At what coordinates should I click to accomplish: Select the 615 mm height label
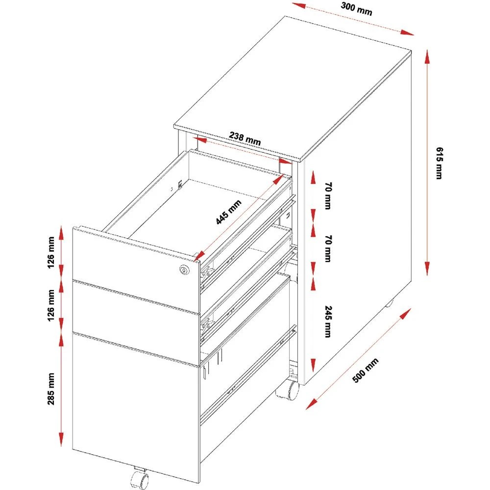pos(439,163)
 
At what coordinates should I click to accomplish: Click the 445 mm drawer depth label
pos(230,213)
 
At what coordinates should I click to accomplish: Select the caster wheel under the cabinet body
pos(288,391)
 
